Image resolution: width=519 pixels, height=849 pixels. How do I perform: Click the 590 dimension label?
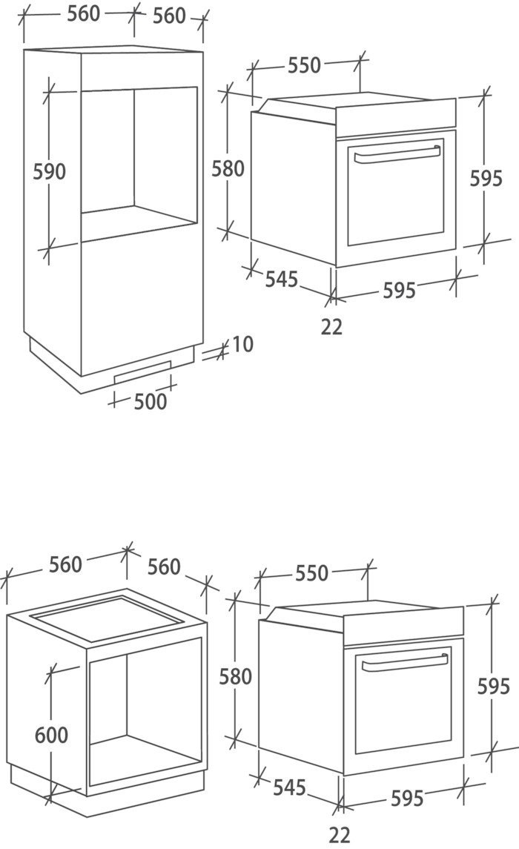click(50, 171)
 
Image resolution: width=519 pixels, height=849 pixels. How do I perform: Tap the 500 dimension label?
click(151, 401)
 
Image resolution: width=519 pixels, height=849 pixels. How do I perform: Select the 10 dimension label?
click(242, 344)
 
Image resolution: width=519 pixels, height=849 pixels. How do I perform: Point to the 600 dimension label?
click(51, 735)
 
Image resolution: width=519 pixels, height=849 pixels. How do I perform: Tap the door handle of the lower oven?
click(404, 662)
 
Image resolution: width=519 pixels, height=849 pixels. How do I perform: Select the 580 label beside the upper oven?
click(228, 169)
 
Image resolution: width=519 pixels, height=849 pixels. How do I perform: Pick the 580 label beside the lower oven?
click(236, 676)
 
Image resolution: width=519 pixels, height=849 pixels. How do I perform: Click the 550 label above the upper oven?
click(305, 65)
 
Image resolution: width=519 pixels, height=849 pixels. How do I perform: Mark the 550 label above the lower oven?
click(311, 573)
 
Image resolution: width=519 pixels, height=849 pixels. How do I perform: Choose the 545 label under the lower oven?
click(288, 787)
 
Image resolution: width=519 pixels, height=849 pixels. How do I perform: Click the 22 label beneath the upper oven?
click(332, 326)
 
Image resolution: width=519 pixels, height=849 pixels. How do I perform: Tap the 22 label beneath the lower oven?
click(340, 834)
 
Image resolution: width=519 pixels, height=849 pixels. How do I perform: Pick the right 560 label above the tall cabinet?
click(169, 15)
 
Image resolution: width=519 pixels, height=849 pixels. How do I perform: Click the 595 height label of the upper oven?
click(486, 178)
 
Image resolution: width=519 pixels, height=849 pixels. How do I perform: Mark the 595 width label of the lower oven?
click(407, 798)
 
